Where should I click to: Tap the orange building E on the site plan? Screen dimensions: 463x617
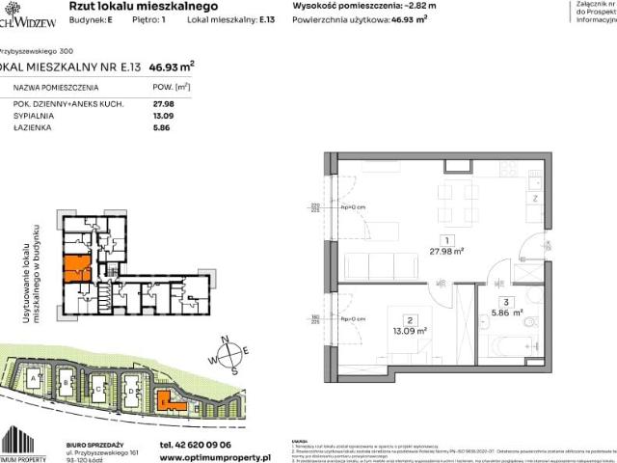167,398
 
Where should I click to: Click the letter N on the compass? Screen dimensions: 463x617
225,339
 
